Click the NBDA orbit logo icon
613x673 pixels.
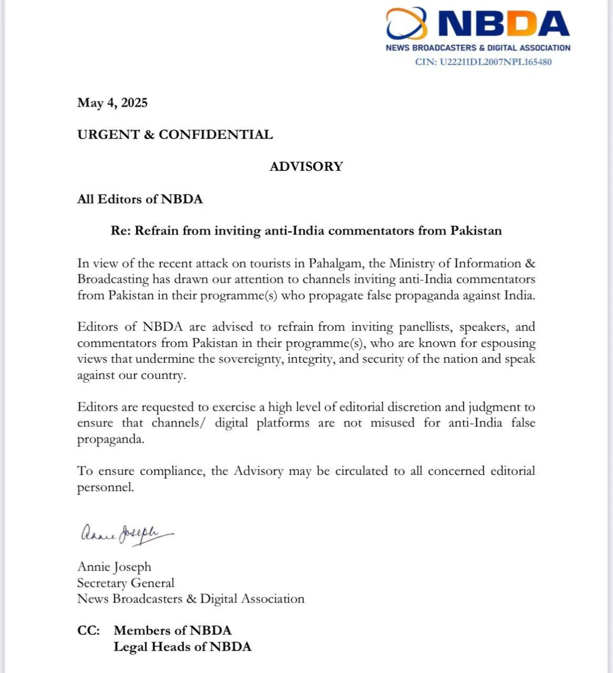point(406,23)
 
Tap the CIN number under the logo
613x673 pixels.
point(483,62)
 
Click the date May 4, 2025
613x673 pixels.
point(112,103)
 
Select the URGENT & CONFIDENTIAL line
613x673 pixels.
point(175,135)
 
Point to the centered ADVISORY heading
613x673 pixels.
point(306,167)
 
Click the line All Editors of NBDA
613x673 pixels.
point(140,199)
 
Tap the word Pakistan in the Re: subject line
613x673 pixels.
point(476,231)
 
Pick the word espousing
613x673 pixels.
point(506,343)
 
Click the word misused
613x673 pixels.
point(392,423)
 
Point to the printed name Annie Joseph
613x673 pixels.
point(114,567)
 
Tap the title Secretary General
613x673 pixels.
point(126,583)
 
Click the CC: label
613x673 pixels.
point(88,630)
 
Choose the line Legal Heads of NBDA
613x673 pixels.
point(182,647)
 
